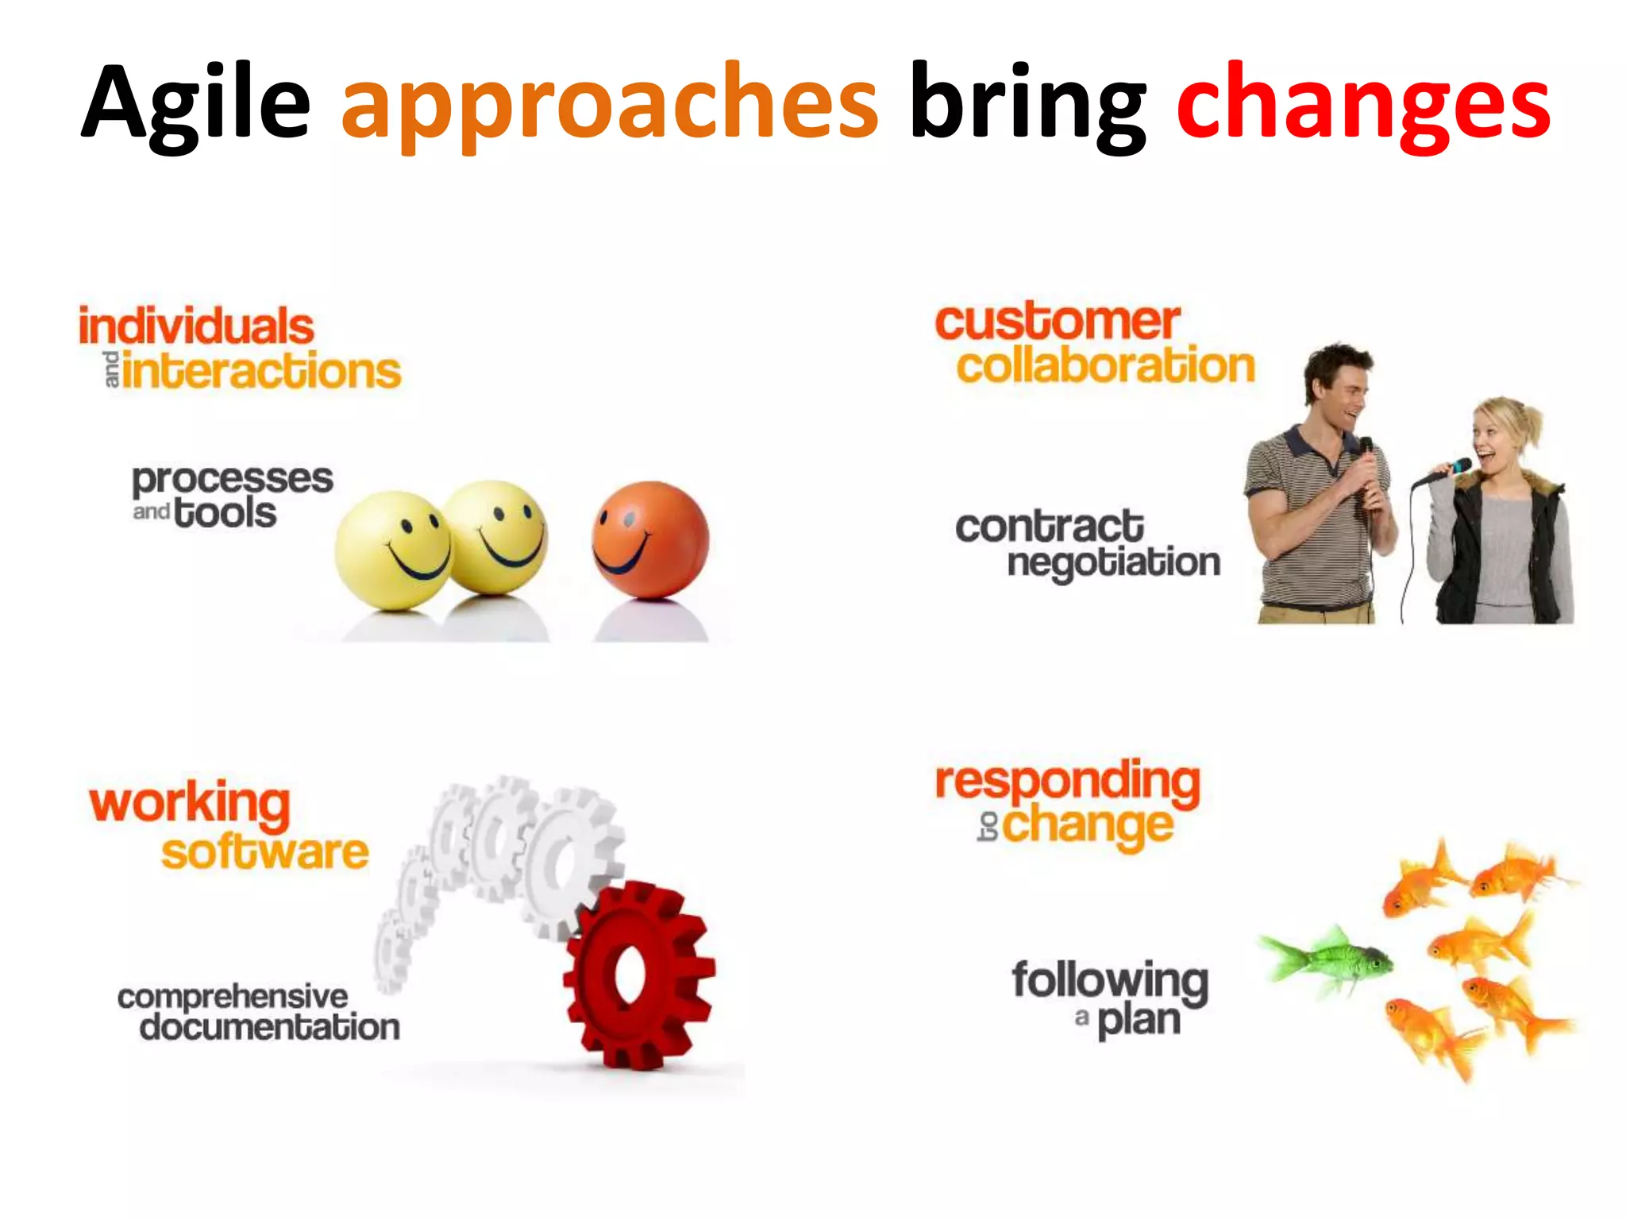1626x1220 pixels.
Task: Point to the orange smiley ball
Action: coord(649,539)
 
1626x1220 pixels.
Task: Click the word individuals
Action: coord(196,327)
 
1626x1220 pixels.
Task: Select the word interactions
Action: coord(262,372)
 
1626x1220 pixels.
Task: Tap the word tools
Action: coord(225,512)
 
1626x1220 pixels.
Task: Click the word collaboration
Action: coord(1105,366)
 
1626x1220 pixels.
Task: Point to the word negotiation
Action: coord(1113,562)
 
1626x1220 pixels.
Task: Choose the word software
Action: coord(265,852)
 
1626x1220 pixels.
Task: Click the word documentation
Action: coord(270,1027)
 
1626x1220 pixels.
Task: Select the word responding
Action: coord(1067,782)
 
